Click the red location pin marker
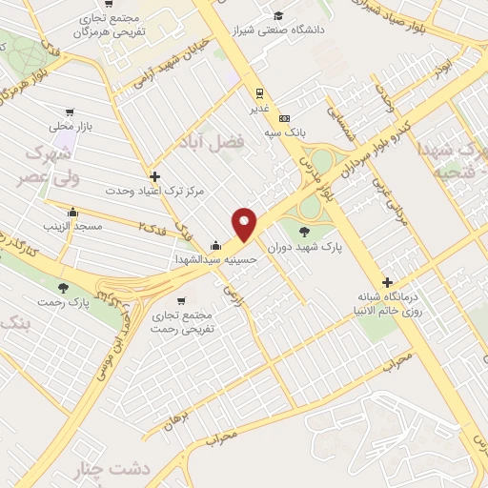245,223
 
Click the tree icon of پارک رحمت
64,287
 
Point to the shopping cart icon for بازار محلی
69,112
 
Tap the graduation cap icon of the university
278,15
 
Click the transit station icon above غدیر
257,93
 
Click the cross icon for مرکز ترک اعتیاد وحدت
154,176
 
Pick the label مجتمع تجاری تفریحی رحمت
183,321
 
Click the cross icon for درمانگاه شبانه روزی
387,282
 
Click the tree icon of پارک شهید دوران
304,231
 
